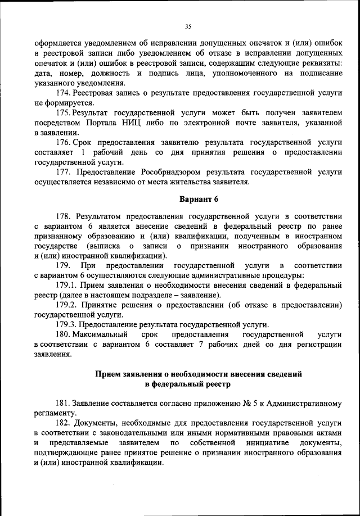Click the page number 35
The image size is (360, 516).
188,25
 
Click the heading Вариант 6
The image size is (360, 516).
199,200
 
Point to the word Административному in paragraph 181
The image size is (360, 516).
310,404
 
